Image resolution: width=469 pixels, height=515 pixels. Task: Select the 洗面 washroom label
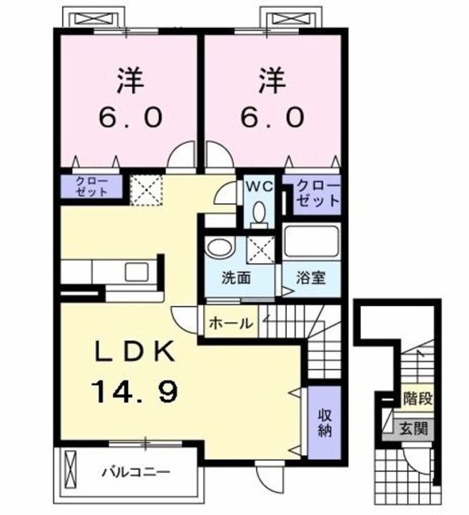(235, 278)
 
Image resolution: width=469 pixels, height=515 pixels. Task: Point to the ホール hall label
(230, 323)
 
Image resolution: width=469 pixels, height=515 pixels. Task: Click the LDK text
(134, 351)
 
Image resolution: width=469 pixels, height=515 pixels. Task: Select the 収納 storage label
(325, 421)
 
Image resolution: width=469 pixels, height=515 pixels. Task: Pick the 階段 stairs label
(418, 398)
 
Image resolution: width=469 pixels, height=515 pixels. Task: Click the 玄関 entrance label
(414, 429)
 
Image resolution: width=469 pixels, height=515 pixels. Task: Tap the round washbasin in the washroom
(217, 247)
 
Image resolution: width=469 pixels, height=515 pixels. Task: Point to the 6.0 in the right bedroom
(275, 116)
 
